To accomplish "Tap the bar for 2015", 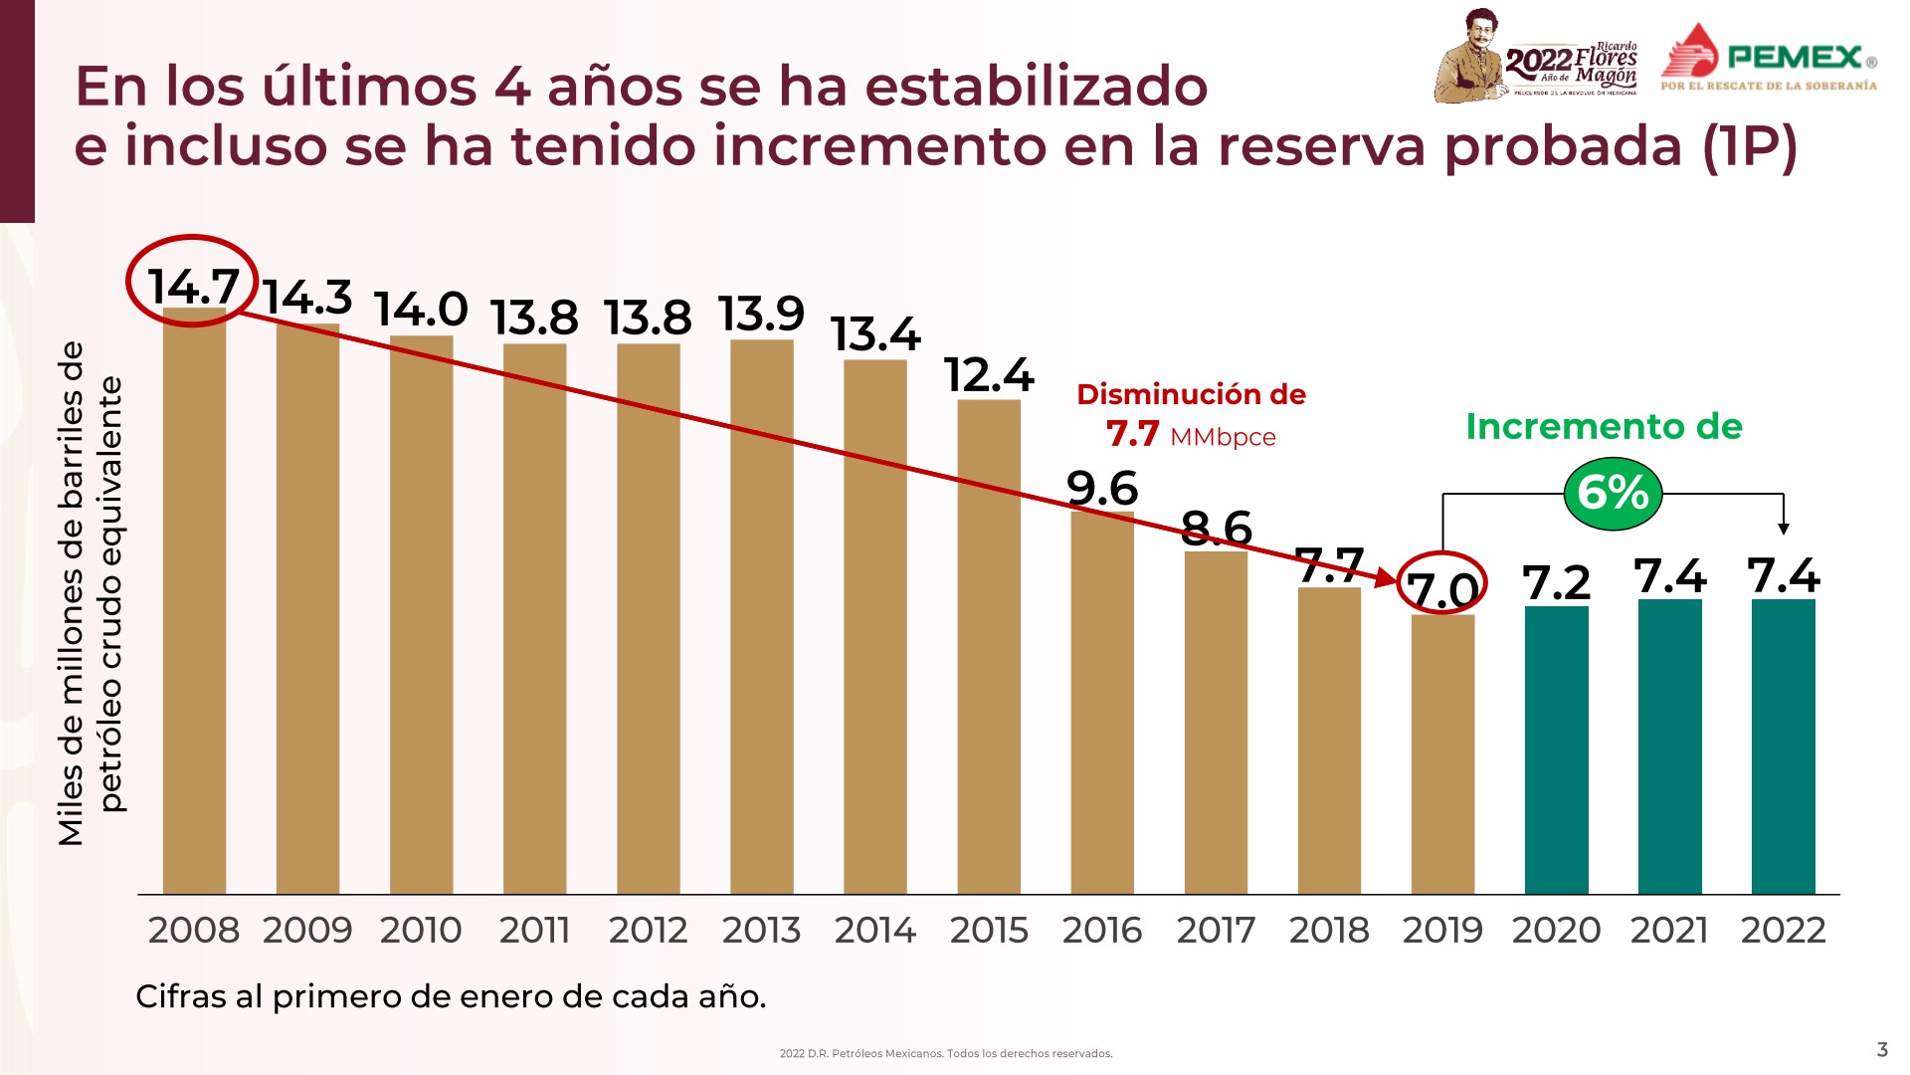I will click(989, 647).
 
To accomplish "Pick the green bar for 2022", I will click(1783, 747).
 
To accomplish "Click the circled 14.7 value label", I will click(193, 286).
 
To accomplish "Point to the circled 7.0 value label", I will click(1441, 588).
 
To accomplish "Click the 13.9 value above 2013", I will click(761, 315).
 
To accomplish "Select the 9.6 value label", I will click(1101, 488).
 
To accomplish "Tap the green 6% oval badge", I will click(1613, 493).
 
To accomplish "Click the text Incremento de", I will click(1604, 426).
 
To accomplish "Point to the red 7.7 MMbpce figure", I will click(1190, 435).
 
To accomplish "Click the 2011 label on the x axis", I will click(534, 930).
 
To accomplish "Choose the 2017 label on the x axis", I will click(1215, 930).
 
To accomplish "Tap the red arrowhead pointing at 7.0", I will click(1387, 577).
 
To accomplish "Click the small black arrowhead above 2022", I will click(1784, 529).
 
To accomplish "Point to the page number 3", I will click(1881, 1049).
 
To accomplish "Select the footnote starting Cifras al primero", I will click(451, 995).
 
